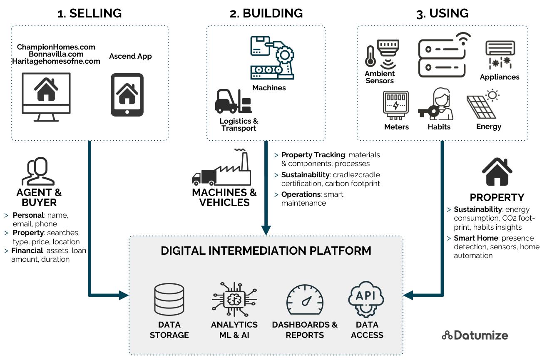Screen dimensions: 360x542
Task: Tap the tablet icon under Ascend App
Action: pos(127,95)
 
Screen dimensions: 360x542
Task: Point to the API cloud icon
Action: pos(366,299)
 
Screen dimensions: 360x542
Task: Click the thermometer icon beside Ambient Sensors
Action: pos(370,56)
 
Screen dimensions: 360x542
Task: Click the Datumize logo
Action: pos(475,335)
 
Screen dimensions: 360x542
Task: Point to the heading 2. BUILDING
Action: pos(266,13)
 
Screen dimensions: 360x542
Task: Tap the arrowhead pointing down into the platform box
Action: pos(266,230)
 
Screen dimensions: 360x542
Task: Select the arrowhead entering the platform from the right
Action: pos(408,295)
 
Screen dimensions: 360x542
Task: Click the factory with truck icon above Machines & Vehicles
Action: pos(222,168)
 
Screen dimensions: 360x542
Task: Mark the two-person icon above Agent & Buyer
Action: pos(38,171)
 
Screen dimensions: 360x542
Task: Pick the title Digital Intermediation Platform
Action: pos(266,251)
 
